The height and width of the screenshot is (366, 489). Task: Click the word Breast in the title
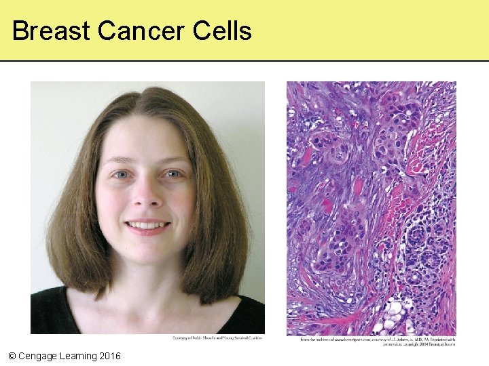click(50, 31)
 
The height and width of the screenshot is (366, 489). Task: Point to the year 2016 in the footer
click(109, 356)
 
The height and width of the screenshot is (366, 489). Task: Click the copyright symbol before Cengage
click(12, 356)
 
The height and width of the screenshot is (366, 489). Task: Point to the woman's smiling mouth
click(147, 225)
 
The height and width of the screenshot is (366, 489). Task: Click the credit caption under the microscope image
click(377, 341)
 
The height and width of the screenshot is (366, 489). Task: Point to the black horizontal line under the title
click(244, 61)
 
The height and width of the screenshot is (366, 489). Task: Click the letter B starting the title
click(20, 31)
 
